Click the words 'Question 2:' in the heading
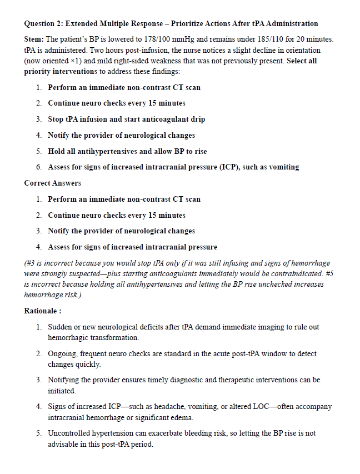point(43,23)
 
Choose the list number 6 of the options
point(39,167)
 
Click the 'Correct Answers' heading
point(53,183)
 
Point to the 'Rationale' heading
point(42,311)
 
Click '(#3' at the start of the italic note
point(32,263)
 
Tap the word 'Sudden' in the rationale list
point(60,327)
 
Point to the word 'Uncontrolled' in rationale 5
point(69,433)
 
